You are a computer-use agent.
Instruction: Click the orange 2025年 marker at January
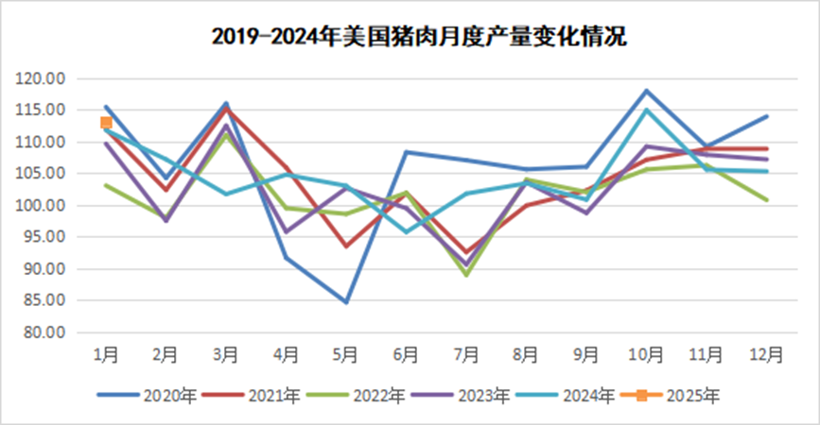(x=107, y=123)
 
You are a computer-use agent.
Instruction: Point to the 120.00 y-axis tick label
(x=42, y=78)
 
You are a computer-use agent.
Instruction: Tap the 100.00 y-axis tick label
(x=42, y=206)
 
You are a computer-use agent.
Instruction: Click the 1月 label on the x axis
(x=106, y=354)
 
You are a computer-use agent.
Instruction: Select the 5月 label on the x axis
(x=346, y=354)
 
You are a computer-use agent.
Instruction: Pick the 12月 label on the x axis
(x=767, y=354)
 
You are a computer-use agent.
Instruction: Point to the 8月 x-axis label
(x=526, y=354)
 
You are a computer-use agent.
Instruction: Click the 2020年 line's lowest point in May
(x=346, y=302)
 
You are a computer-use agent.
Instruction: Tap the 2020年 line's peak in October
(x=646, y=91)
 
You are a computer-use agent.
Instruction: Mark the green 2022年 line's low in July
(x=466, y=275)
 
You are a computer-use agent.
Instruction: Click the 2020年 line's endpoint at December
(x=766, y=116)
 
